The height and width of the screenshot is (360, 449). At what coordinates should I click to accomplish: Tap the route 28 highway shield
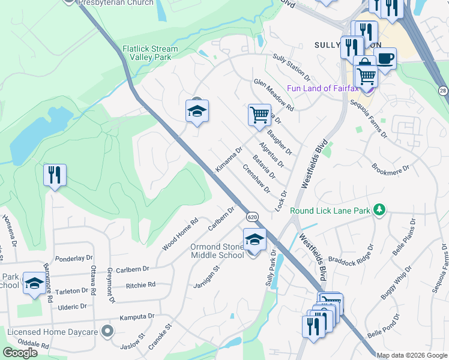[442, 91]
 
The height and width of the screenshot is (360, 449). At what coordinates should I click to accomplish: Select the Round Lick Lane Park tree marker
[379, 209]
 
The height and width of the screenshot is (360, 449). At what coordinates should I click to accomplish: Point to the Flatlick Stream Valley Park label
[150, 53]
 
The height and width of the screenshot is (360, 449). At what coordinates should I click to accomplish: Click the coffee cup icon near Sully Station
[385, 59]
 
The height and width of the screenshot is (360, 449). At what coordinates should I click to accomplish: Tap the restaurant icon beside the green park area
[55, 175]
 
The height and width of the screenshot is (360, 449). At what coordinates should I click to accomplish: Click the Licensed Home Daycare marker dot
[107, 331]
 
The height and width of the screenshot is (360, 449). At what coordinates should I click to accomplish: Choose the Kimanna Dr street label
[228, 158]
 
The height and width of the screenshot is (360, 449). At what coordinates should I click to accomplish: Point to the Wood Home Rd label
[180, 235]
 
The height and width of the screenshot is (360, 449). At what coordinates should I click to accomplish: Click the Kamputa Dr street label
[137, 316]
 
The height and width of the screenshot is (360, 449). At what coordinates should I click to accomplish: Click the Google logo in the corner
[20, 353]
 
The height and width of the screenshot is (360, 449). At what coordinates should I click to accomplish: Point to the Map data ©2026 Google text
[412, 355]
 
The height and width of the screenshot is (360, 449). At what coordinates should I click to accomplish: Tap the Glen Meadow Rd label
[274, 95]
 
